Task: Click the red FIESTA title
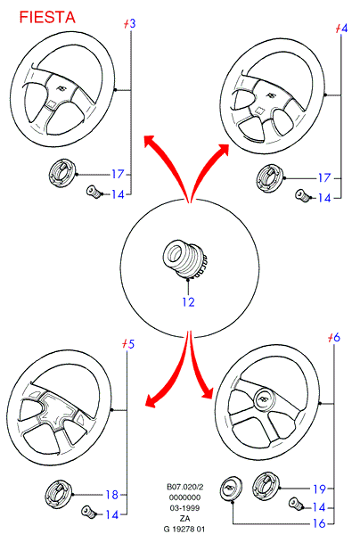47,17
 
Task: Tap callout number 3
132,24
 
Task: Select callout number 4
344,28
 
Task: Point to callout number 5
131,344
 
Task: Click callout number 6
336,337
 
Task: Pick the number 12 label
188,301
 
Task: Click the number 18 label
111,495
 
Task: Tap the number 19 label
319,489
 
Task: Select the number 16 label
319,523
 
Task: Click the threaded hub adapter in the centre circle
184,259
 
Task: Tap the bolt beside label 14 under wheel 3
94,192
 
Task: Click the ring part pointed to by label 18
59,495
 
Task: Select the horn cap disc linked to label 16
231,489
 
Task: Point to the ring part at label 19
266,487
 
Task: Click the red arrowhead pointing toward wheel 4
223,150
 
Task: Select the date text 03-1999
184,508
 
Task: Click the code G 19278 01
184,529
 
